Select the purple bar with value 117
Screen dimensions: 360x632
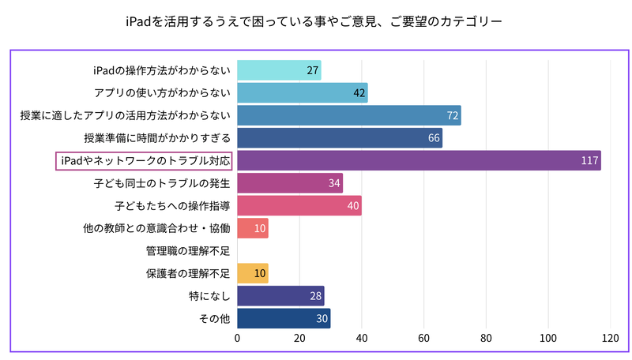click(419, 161)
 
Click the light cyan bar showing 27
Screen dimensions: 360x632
click(279, 70)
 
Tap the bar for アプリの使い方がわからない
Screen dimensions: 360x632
click(302, 93)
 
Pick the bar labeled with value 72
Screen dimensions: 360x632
click(348, 116)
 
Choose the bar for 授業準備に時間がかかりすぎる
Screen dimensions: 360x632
click(340, 138)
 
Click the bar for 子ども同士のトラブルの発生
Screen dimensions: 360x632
click(290, 184)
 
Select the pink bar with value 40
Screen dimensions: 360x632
click(299, 206)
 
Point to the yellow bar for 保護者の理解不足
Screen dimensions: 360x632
click(253, 274)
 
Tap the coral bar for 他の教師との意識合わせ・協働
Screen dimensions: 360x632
click(253, 229)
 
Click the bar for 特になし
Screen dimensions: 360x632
click(280, 296)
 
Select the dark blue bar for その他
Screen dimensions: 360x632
click(284, 319)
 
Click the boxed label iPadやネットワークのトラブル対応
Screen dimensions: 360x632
click(145, 161)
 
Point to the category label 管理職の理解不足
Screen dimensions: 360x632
click(187, 251)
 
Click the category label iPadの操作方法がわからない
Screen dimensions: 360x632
click(160, 70)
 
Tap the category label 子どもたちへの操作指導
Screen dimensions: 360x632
click(171, 206)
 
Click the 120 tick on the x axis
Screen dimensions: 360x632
click(610, 339)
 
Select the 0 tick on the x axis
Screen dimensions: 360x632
click(238, 339)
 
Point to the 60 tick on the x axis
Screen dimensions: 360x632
click(424, 339)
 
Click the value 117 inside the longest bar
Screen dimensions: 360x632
click(589, 161)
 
